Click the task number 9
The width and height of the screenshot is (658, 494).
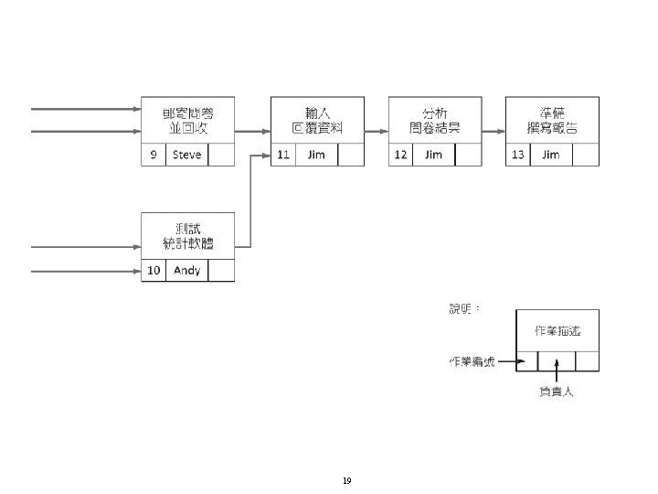coord(154,155)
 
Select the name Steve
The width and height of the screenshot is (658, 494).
coord(186,155)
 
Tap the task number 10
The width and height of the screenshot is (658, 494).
coord(154,270)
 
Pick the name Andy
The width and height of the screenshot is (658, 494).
coord(186,270)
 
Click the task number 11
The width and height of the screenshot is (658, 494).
coord(283,155)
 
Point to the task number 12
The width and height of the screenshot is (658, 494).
coord(400,155)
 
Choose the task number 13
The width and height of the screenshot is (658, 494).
coord(518,155)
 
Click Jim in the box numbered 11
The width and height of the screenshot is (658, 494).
coord(316,155)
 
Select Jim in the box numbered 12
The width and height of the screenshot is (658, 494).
coord(433,155)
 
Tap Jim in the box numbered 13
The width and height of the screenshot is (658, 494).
coord(550,155)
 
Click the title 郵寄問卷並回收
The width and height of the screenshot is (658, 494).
coord(187,119)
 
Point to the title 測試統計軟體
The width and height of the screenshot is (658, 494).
coord(187,235)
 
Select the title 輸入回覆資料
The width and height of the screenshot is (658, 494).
coord(317,119)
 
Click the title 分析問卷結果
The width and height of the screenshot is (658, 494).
coord(434,119)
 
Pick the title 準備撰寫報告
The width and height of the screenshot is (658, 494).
coord(552,119)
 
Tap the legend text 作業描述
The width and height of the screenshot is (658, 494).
coord(557,330)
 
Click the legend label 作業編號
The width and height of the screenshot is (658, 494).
coord(472,361)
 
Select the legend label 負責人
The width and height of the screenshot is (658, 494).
coord(557,392)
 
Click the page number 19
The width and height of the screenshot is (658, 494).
coord(346,480)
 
